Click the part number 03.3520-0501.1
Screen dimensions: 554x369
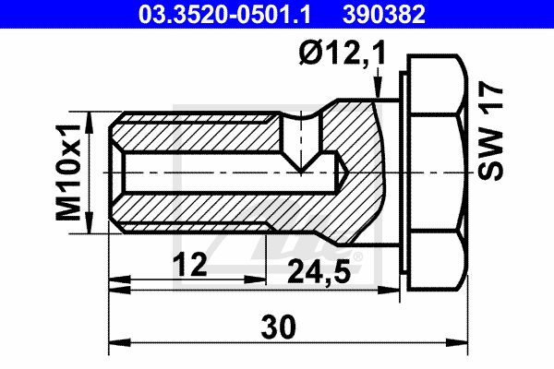pos(224,15)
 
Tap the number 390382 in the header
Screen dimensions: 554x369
pos(384,15)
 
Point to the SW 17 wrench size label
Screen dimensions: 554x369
pos(490,131)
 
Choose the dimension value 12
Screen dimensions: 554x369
pos(191,265)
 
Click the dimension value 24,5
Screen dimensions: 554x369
pos(319,271)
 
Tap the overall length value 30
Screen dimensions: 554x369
pos(279,327)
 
